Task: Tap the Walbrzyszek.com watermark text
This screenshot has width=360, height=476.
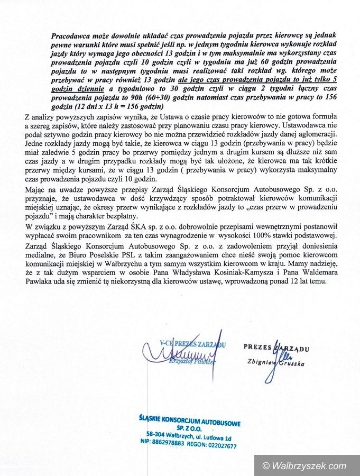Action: pos(309,465)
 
